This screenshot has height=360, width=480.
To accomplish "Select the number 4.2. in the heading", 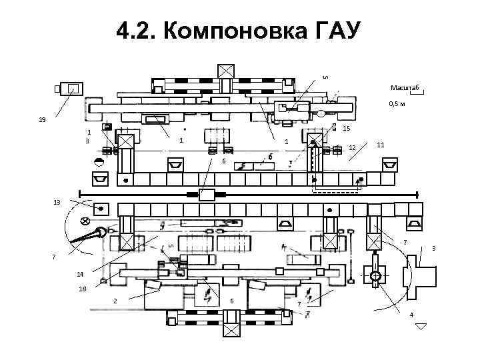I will click(x=137, y=31).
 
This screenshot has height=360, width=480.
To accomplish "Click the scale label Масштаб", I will click(x=404, y=88).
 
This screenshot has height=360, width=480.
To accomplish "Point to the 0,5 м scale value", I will click(x=399, y=105).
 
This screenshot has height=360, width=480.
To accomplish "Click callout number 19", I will click(x=42, y=121).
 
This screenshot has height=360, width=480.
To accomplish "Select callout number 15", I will click(x=346, y=128).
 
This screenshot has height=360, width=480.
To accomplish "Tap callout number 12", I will click(x=353, y=147).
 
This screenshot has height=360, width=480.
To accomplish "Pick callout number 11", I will click(x=380, y=145).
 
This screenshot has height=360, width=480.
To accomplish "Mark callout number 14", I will click(x=80, y=274).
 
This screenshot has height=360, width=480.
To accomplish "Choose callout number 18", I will click(x=83, y=289).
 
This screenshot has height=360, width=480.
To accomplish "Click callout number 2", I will click(x=115, y=301).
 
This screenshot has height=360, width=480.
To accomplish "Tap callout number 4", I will click(x=411, y=314).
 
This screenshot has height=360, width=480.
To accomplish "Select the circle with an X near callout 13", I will click(x=85, y=221).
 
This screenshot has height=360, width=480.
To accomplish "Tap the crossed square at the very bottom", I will click(x=231, y=331).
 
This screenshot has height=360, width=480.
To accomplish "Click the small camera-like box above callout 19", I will click(x=70, y=89).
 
